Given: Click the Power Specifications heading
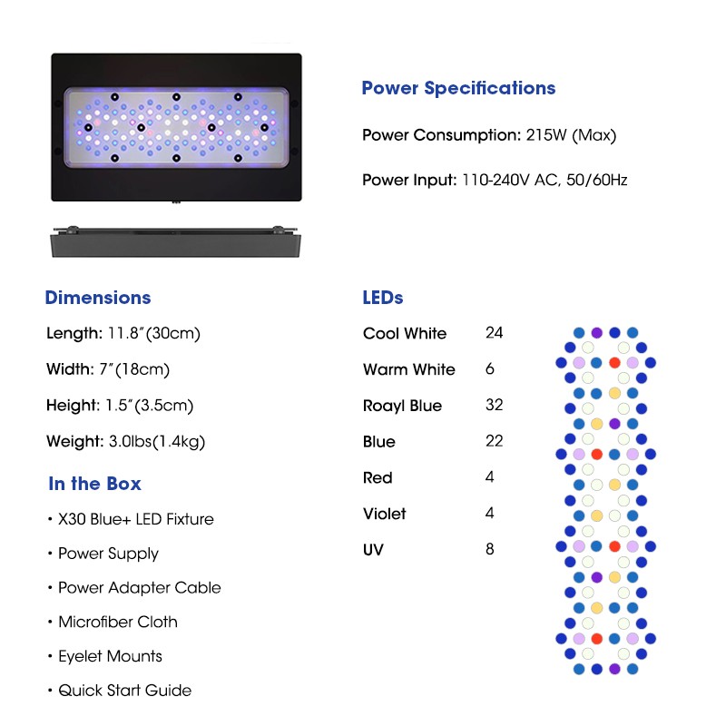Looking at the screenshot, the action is (458, 88).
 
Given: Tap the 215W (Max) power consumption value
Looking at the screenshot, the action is (571, 135).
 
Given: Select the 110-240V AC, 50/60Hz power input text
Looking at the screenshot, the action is (544, 180).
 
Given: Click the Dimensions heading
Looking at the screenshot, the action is (98, 298).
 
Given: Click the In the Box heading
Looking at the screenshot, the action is (94, 484).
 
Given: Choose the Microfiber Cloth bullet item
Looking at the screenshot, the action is (117, 622).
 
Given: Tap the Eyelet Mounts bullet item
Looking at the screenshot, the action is (110, 656).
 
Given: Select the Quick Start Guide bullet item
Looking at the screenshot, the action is (124, 691).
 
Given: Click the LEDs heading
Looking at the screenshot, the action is (382, 298).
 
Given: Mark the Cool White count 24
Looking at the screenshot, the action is (494, 333).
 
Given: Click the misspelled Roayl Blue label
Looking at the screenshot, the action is (402, 406).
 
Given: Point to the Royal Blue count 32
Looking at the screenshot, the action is (494, 405).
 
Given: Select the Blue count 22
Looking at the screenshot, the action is (494, 441).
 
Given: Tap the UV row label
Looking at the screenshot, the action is (372, 549).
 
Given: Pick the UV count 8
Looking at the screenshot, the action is (490, 549).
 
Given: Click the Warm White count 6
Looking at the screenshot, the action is (490, 369).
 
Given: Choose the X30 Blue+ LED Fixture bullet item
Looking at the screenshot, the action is (135, 519).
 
